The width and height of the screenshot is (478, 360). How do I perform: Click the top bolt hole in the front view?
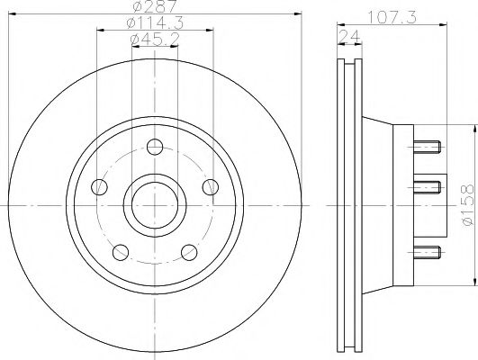coord(154,147)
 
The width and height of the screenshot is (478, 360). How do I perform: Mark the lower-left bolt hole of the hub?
coord(120,251)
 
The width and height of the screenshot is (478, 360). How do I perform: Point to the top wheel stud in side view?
coord(426,144)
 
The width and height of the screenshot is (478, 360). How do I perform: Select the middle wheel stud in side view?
coord(426,186)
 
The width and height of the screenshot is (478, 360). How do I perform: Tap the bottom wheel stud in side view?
coord(426,249)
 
